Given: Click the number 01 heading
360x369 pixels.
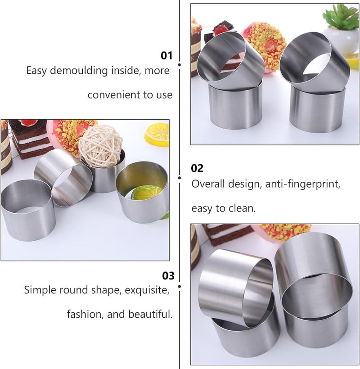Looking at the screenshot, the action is (x=166, y=55).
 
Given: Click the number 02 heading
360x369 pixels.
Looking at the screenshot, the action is (x=197, y=168).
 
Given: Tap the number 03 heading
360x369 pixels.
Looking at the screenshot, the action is (x=168, y=275).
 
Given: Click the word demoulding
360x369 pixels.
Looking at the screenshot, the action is (x=79, y=70).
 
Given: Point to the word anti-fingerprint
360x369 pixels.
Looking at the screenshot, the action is (x=303, y=184).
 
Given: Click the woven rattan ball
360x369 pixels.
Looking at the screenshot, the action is (x=101, y=146).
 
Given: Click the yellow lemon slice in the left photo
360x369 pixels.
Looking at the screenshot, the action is (x=157, y=134).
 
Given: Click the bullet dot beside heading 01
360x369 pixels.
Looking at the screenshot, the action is (x=180, y=64).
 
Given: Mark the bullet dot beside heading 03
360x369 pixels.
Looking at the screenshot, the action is (x=180, y=286).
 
